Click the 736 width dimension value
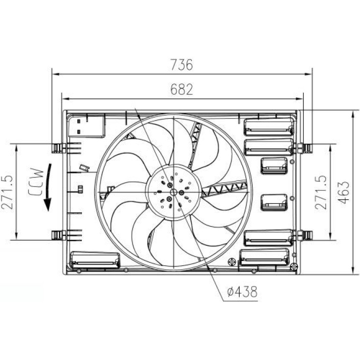pyautogui.click(x=181, y=65)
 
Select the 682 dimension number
pyautogui.click(x=181, y=89)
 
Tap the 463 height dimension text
pyautogui.click(x=344, y=193)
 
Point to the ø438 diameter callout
pyautogui.click(x=242, y=292)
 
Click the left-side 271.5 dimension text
pyautogui.click(x=7, y=192)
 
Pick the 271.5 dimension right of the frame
pyautogui.click(x=321, y=192)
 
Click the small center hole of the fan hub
pyautogui.click(x=174, y=192)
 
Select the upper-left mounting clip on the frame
pyautogui.click(x=58, y=148)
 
